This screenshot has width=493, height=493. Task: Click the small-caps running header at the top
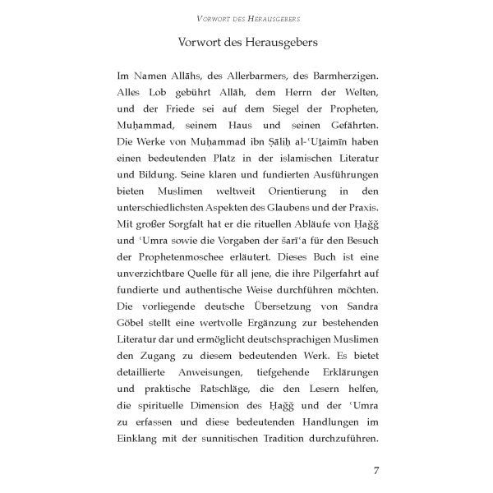[246, 17]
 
